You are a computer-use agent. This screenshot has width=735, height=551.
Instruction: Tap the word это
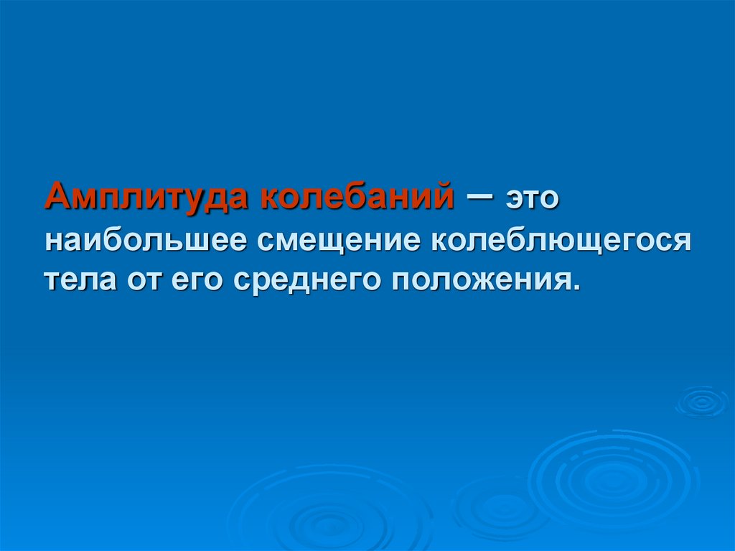[x=532, y=198]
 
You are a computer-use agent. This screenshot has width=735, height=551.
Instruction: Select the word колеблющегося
[x=560, y=240]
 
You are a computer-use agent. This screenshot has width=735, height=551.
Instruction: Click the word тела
[x=78, y=278]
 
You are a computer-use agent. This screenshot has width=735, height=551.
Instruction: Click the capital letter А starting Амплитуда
[x=58, y=195]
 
